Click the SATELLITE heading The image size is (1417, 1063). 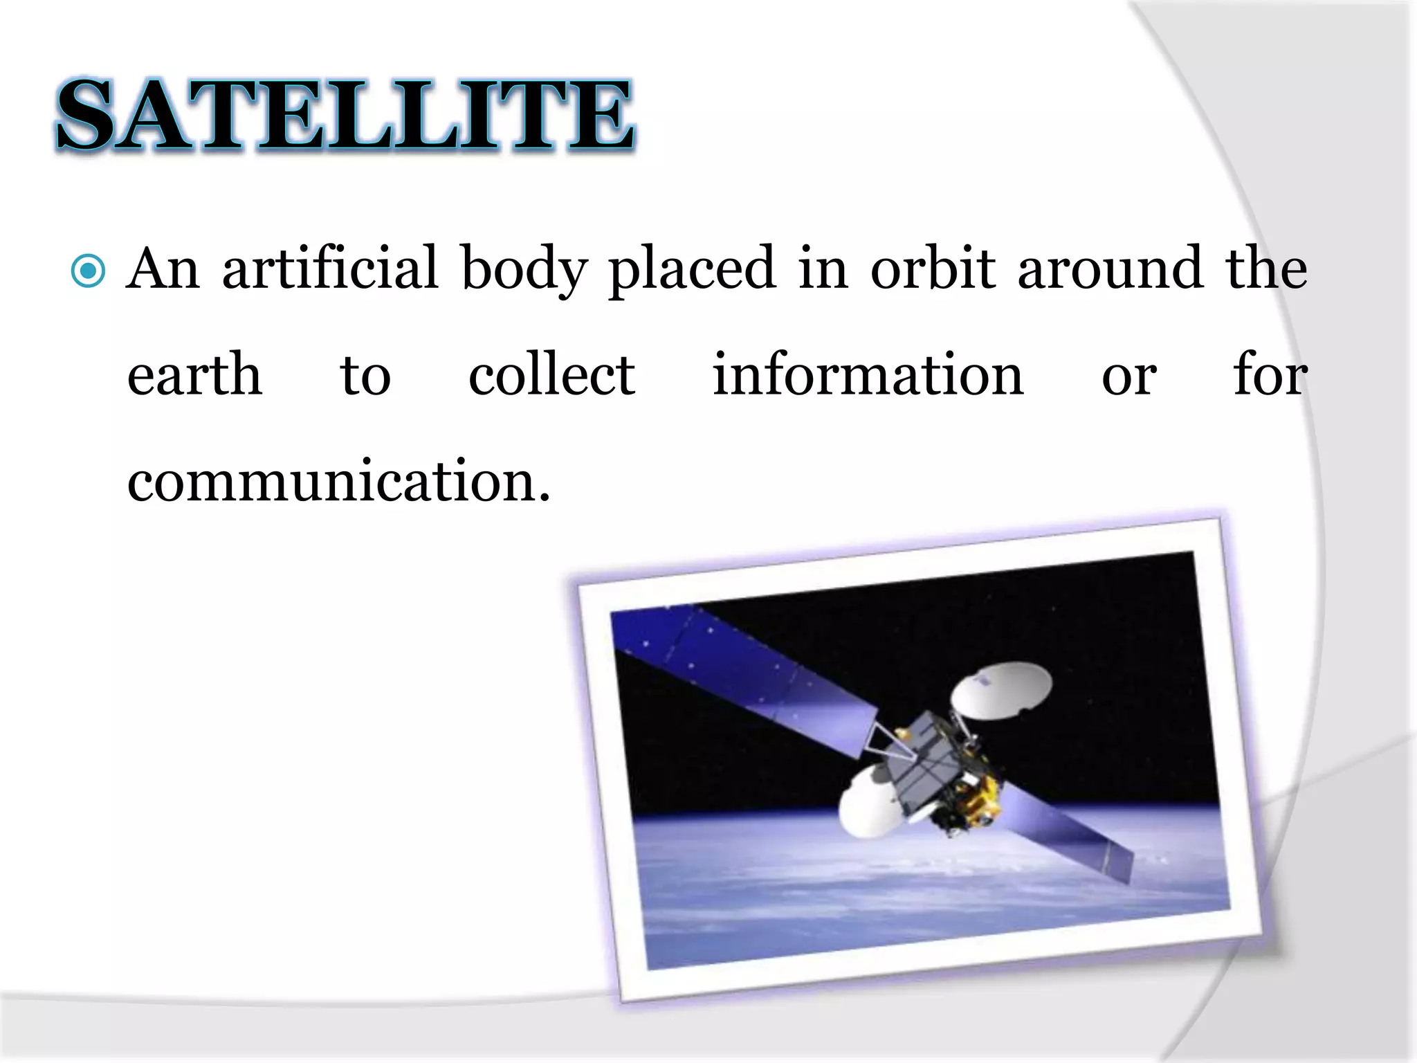coord(345,114)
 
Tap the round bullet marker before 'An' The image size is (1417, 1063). coord(89,271)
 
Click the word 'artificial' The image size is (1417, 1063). coord(330,269)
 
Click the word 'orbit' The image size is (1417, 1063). coord(932,269)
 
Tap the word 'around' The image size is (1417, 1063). coord(1110,269)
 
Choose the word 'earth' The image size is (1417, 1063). coord(194,375)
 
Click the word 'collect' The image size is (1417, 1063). coord(551,375)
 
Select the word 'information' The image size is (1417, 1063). coord(868,375)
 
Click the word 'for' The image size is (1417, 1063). coord(1270,375)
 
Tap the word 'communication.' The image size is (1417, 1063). coord(339,482)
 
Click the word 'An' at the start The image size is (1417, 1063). coord(163,269)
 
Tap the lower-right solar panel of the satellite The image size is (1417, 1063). coord(1066,830)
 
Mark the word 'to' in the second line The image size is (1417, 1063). coord(365,376)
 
